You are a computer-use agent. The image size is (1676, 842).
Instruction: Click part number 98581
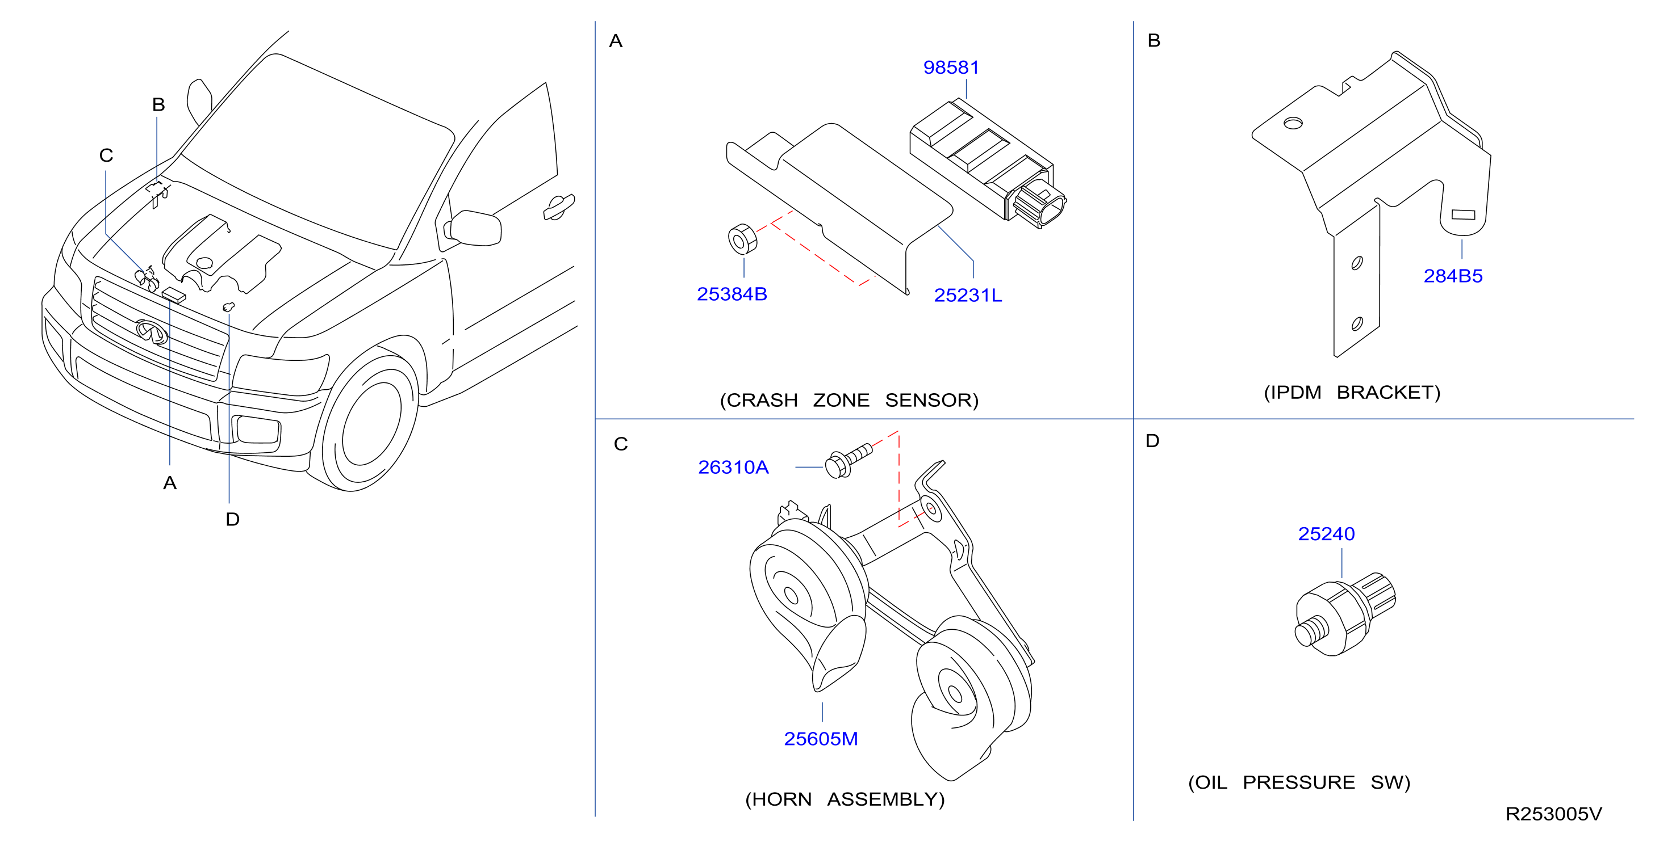[951, 67]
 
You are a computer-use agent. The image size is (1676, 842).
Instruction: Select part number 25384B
[732, 294]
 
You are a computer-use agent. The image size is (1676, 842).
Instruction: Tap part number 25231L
[968, 295]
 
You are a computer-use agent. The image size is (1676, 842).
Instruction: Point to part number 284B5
[1453, 276]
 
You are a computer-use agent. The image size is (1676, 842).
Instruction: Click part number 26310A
[733, 467]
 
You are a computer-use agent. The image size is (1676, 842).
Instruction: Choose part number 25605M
[821, 739]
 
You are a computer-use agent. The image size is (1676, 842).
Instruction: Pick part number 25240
[1326, 534]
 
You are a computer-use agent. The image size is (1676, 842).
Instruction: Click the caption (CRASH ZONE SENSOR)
[849, 400]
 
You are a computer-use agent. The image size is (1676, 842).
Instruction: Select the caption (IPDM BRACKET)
[1352, 393]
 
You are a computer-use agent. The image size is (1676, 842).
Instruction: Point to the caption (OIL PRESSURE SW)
[1299, 782]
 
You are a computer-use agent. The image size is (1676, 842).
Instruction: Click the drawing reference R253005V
[1554, 814]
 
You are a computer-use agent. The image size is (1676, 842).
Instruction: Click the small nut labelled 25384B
[742, 239]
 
